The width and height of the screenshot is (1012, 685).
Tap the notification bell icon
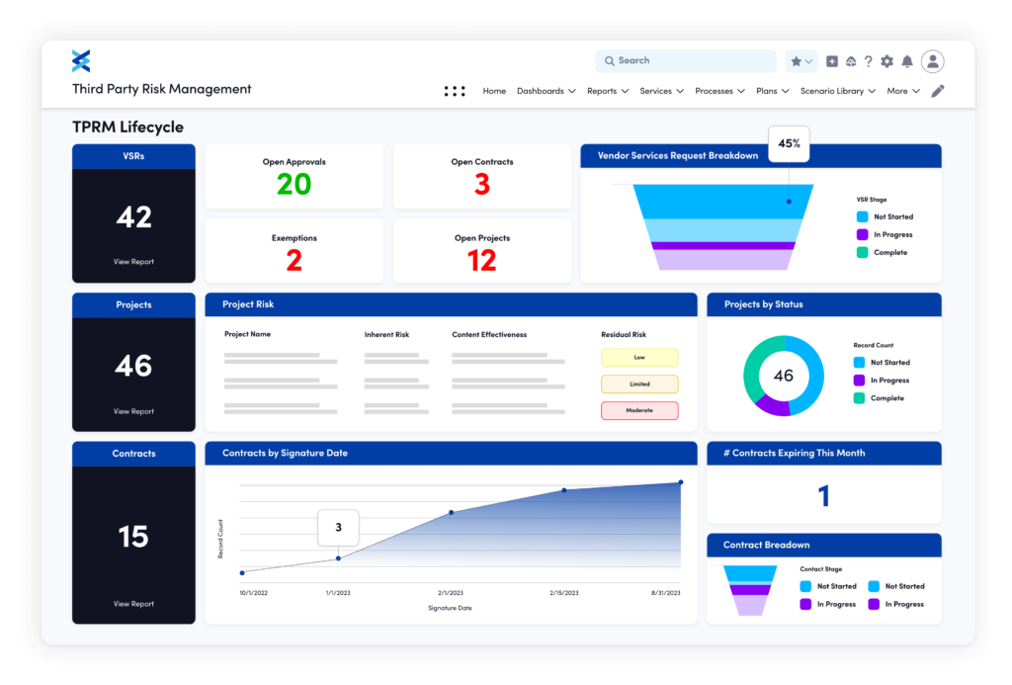tap(907, 61)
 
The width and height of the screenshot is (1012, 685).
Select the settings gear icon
tap(886, 61)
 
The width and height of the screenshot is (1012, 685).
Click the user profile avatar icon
tap(932, 61)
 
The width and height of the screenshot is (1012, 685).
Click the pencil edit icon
tap(938, 91)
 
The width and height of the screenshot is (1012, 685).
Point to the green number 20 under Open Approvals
tap(294, 184)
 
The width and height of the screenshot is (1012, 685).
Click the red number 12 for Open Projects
tap(481, 260)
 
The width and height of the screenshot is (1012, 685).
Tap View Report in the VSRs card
tap(133, 262)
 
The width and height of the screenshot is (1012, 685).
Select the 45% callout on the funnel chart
tap(789, 144)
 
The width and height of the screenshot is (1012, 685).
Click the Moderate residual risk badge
tap(639, 410)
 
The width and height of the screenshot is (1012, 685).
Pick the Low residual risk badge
tap(639, 358)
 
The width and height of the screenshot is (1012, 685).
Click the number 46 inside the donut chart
tap(783, 376)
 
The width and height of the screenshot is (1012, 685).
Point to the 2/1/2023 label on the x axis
tap(450, 593)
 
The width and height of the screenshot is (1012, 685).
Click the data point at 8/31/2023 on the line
tap(681, 483)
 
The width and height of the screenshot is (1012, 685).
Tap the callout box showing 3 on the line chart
tap(338, 528)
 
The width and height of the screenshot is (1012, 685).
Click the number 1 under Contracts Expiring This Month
tap(824, 496)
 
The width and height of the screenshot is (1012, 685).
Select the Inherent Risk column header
tap(386, 335)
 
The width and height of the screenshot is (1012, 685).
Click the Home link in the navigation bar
tap(494, 91)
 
